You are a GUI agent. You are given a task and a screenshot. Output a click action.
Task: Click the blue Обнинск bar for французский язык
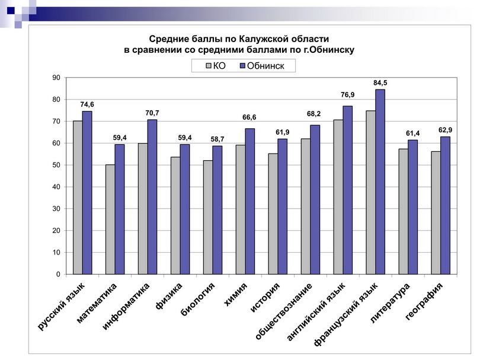380,181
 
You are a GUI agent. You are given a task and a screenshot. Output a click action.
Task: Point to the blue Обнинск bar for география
445,205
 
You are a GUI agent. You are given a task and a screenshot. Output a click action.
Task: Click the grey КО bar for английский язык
338,197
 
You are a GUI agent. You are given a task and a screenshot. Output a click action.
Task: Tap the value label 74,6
87,104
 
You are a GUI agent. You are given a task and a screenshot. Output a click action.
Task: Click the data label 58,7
217,139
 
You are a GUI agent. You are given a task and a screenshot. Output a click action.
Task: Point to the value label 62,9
445,130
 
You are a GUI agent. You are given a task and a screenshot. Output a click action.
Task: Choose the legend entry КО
215,66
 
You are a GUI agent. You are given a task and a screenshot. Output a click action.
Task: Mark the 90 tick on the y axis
56,78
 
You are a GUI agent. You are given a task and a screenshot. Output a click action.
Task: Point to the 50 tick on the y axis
56,165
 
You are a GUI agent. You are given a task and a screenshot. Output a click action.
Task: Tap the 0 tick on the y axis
58,275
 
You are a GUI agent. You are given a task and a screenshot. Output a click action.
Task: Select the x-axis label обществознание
283,311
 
